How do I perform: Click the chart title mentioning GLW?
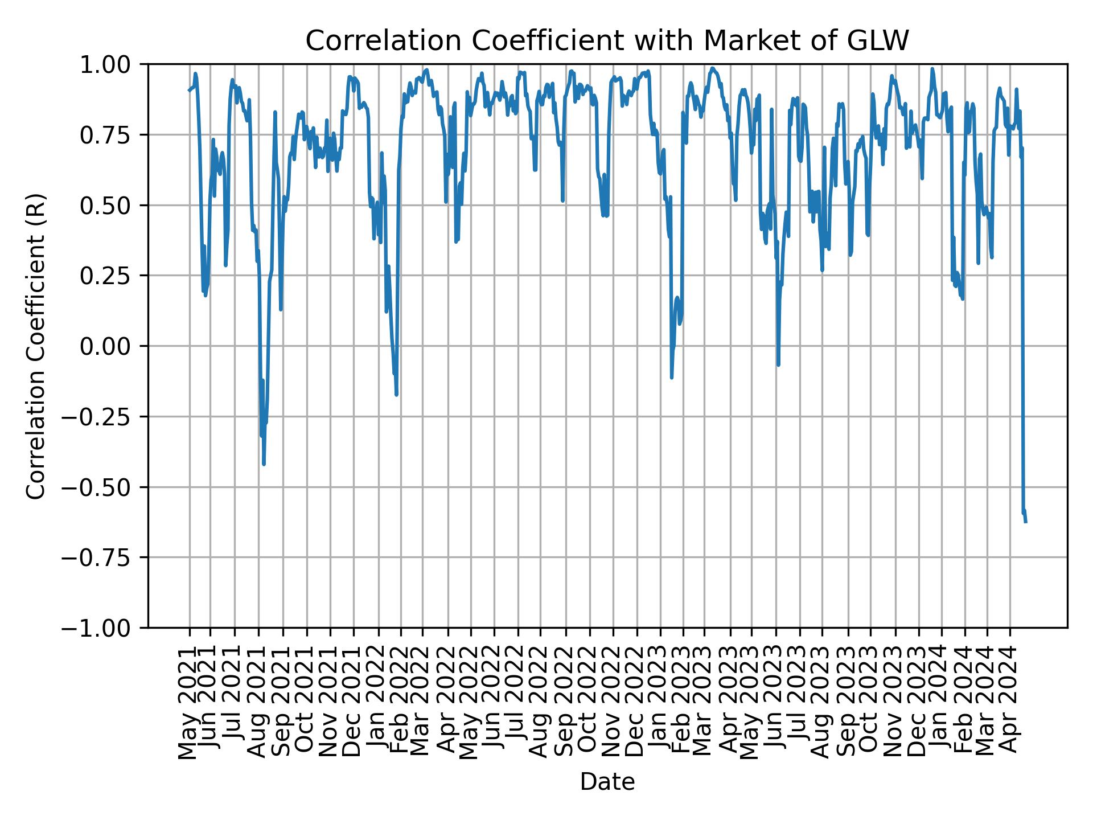click(x=607, y=41)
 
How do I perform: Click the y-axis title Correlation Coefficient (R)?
click(x=36, y=346)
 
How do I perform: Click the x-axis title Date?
click(x=607, y=782)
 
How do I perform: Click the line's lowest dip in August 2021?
click(x=264, y=464)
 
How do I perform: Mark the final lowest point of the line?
click(x=1026, y=522)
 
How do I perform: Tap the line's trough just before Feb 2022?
click(x=396, y=395)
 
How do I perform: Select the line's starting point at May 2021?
click(x=189, y=91)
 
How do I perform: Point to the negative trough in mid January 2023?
click(x=672, y=377)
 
